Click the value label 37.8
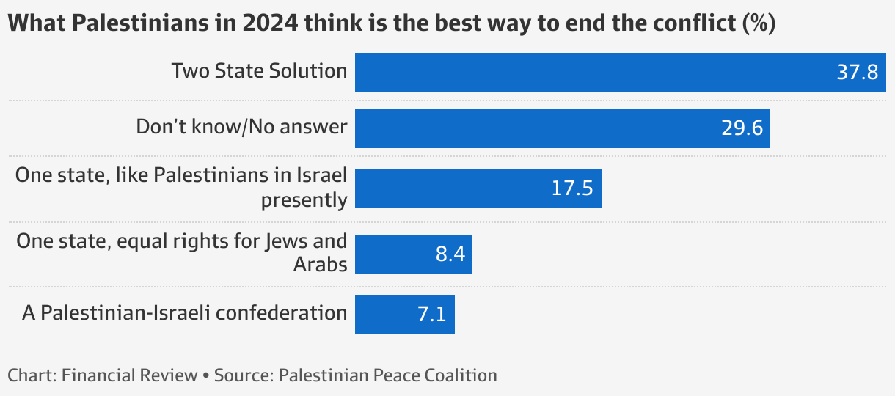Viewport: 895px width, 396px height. pos(857,73)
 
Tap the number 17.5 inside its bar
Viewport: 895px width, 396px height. pos(571,188)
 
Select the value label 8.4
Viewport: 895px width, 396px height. pos(450,254)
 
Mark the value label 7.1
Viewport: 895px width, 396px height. pos(433,315)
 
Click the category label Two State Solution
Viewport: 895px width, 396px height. pos(259,70)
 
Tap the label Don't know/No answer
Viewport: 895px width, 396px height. pos(241,126)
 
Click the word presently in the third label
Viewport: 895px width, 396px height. pos(304,199)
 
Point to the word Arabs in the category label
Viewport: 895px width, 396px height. pos(320,264)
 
